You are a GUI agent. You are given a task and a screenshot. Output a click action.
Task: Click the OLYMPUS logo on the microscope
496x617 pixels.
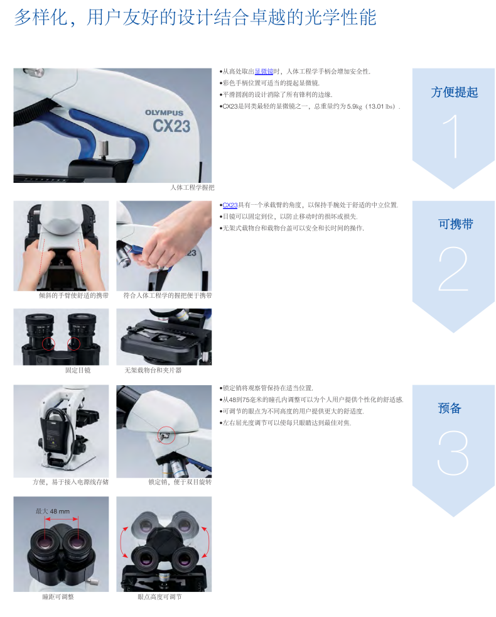click(164, 112)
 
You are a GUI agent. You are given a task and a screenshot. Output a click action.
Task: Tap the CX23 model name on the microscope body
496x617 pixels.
click(171, 126)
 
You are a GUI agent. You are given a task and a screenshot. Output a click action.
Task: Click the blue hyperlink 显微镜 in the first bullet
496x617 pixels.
click(264, 71)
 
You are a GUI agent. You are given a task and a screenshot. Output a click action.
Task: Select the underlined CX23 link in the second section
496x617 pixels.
click(230, 205)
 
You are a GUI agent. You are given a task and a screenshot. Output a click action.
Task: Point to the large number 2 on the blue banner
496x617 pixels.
click(453, 269)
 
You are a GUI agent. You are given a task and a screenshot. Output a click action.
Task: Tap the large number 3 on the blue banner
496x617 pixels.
click(453, 452)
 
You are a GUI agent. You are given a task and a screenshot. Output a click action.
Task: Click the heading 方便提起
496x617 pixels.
click(455, 92)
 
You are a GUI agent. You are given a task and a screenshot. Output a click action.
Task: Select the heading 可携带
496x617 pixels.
click(455, 224)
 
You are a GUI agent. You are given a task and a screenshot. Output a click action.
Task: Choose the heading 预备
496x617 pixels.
click(449, 408)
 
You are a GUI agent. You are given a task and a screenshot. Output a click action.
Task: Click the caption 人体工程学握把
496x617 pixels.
click(192, 188)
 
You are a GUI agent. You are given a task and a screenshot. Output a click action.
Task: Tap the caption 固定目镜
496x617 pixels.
click(78, 370)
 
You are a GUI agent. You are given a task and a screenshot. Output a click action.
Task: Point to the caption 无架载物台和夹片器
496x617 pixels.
click(153, 370)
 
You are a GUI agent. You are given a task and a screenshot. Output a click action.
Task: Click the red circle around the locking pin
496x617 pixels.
click(166, 435)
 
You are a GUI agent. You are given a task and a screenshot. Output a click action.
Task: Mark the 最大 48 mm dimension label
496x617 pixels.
click(52, 511)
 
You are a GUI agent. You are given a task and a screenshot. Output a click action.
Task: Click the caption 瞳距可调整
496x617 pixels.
click(58, 597)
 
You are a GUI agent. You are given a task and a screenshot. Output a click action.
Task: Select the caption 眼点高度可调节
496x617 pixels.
click(159, 597)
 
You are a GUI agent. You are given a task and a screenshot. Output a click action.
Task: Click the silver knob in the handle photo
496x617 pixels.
click(103, 150)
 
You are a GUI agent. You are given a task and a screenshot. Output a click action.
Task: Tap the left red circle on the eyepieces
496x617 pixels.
click(48, 344)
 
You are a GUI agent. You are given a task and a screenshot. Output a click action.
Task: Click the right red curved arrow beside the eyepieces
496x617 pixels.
click(206, 542)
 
